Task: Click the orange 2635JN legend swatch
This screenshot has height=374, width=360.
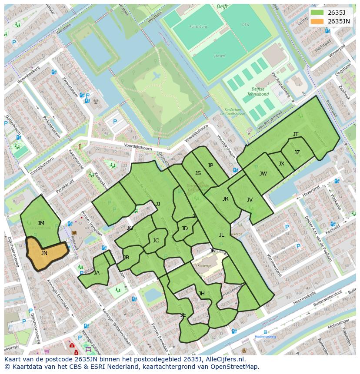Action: [x=317, y=21]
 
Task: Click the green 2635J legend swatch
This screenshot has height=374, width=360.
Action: [x=317, y=12]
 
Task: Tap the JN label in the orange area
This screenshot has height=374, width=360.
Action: [x=44, y=253]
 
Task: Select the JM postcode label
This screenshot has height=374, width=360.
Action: [x=41, y=223]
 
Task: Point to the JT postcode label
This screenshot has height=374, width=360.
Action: [x=296, y=134]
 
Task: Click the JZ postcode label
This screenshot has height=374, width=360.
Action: [x=297, y=152]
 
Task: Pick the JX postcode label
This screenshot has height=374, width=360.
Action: [x=281, y=164]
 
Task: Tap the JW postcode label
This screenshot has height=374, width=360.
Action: [x=263, y=174]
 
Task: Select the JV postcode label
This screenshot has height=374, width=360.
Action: [x=250, y=200]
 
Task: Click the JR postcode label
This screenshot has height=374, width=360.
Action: [x=225, y=199]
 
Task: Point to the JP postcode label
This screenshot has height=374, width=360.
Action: [x=210, y=165]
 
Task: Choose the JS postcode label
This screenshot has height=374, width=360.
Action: [x=198, y=173]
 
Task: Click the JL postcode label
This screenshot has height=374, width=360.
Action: [x=221, y=235]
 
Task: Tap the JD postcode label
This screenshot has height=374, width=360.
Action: [x=185, y=228]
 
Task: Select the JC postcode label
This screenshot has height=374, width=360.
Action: [x=156, y=241]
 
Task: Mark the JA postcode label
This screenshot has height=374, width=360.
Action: [x=97, y=273]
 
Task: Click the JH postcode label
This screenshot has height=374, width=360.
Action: [x=202, y=294]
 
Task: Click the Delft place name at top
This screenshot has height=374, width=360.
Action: [x=222, y=7]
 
